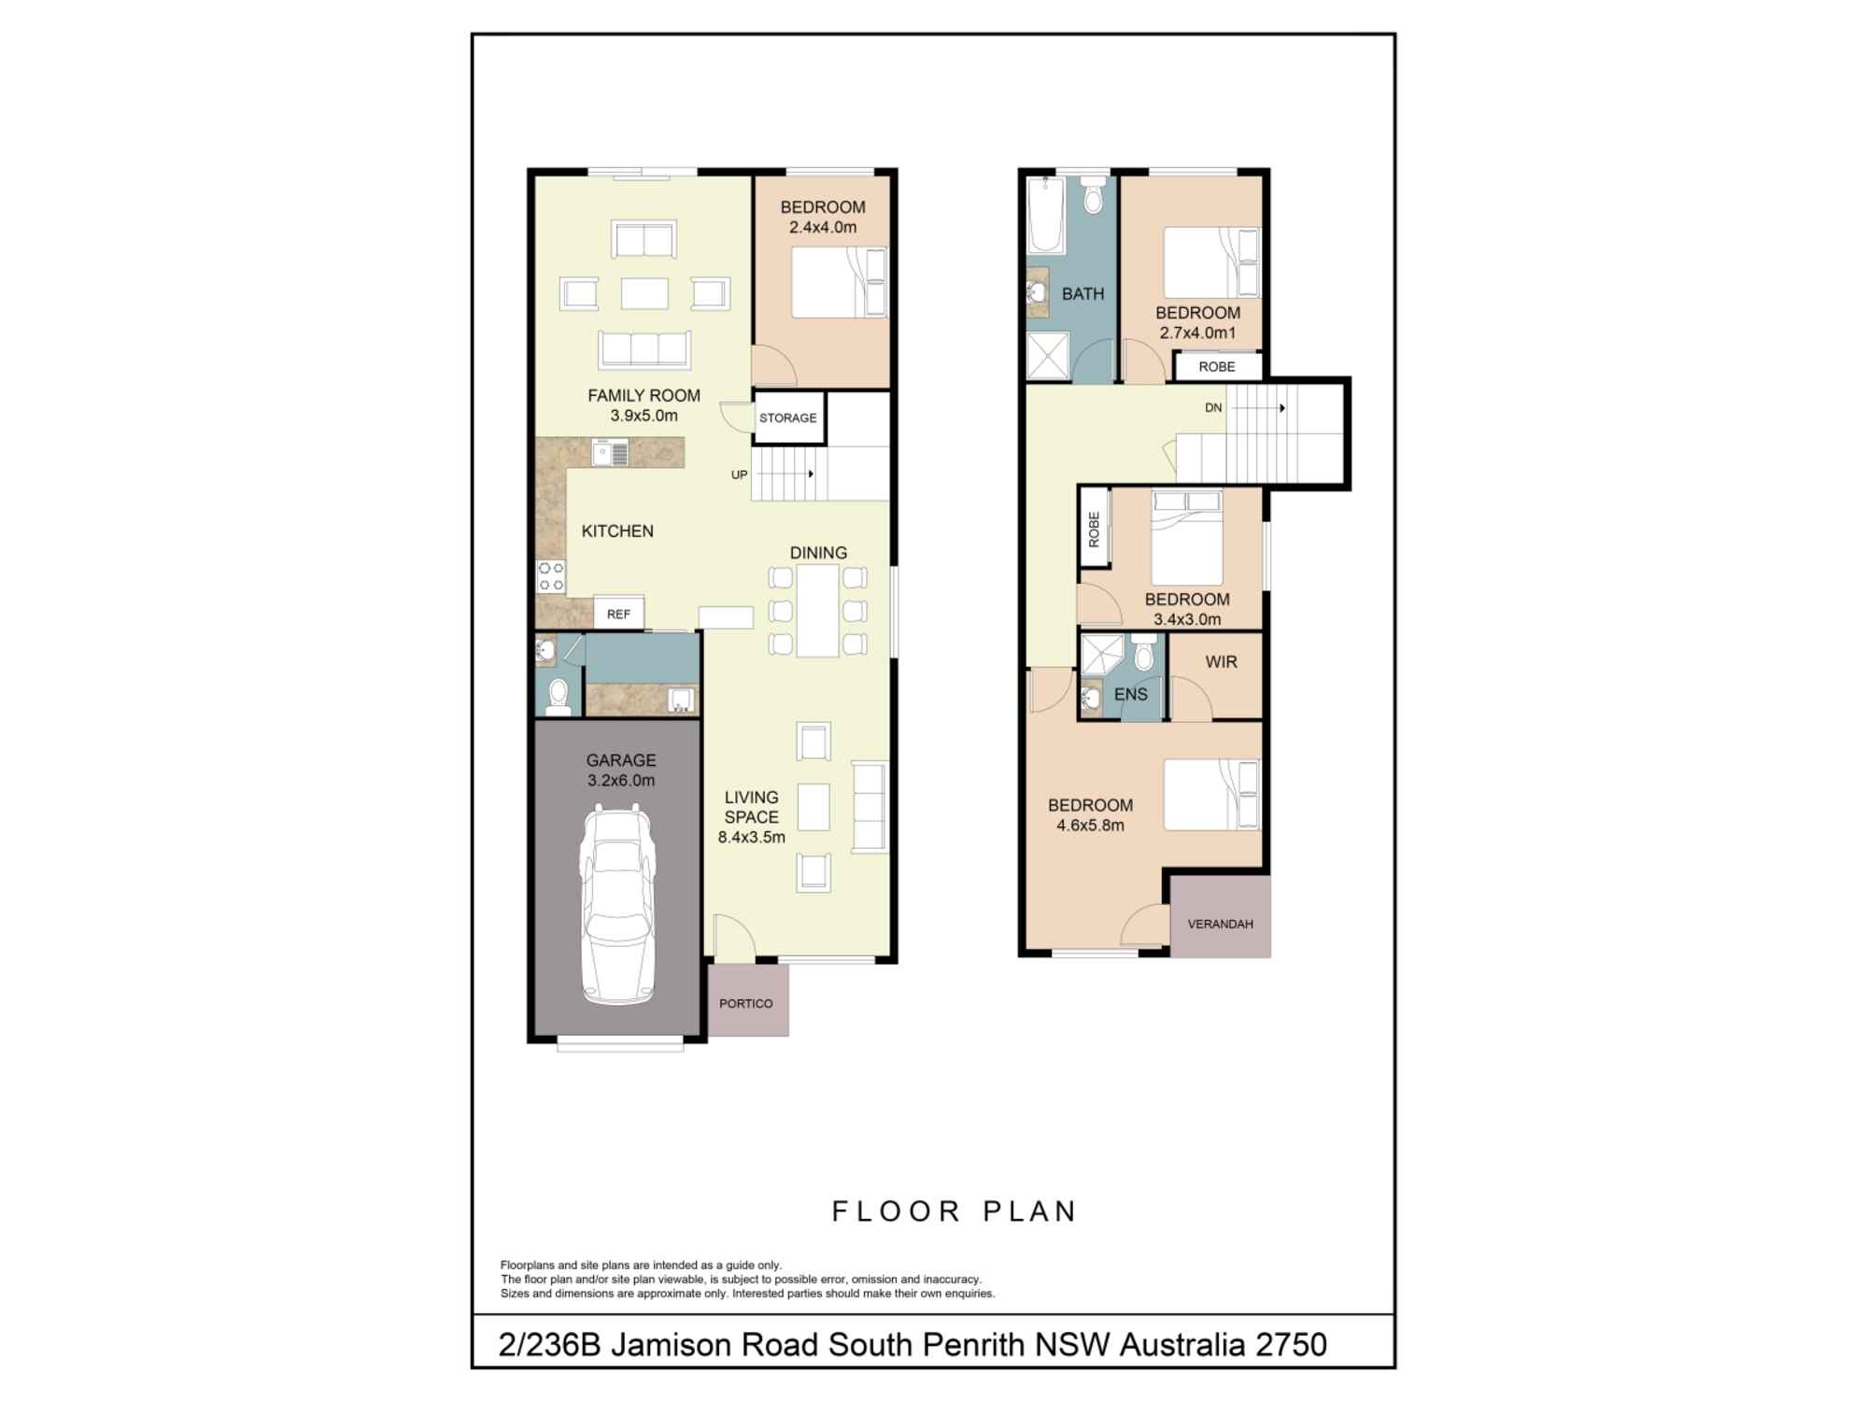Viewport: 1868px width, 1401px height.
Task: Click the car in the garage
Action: tap(617, 903)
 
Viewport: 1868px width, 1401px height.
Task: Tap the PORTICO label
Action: tap(745, 1003)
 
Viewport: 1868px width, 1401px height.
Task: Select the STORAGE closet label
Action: tap(787, 417)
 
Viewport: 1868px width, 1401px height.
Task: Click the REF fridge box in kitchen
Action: tap(618, 614)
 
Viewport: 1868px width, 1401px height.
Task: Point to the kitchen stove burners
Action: tap(551, 576)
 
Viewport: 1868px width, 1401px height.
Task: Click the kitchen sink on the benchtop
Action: tap(610, 454)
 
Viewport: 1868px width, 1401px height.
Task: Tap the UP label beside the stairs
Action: tap(739, 474)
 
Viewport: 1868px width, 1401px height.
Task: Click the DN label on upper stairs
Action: tap(1213, 407)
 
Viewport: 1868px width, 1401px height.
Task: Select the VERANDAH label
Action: tap(1220, 924)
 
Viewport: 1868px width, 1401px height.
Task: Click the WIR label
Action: tap(1221, 662)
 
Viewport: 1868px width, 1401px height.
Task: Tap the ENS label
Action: tap(1130, 694)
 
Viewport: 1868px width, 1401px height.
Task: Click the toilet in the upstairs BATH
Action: tap(1093, 197)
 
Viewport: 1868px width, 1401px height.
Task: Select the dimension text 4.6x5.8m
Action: tap(1090, 826)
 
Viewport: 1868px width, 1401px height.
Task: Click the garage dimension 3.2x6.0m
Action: tap(621, 781)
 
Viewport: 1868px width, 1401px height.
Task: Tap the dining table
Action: tap(817, 611)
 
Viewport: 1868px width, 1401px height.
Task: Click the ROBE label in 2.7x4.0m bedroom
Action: tap(1216, 367)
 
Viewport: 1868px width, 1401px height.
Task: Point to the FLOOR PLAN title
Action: tap(955, 1211)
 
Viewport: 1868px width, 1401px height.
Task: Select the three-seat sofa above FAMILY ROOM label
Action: tap(644, 349)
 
